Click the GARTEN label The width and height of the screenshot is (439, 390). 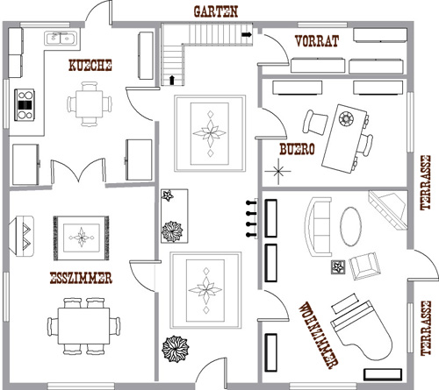(x=216, y=11)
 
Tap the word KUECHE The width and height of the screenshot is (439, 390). (x=90, y=65)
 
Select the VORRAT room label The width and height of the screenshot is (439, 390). (x=317, y=41)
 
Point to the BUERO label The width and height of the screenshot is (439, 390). (x=297, y=149)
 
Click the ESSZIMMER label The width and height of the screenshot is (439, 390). (x=81, y=278)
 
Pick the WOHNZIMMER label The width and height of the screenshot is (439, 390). (x=319, y=336)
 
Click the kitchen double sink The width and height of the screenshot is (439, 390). (x=61, y=38)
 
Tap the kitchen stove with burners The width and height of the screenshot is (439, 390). (x=25, y=105)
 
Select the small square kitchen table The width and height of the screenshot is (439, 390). (x=90, y=104)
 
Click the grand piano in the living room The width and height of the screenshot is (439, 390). (x=362, y=330)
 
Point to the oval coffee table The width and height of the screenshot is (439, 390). (x=350, y=226)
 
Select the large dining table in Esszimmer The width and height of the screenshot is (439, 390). (x=83, y=326)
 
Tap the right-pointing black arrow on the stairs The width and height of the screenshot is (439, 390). (x=247, y=35)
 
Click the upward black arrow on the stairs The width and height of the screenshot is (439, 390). (x=172, y=80)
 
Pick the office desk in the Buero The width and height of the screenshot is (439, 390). (x=344, y=138)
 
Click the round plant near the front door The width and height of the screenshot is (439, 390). (x=176, y=349)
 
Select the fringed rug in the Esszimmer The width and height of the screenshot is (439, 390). (x=81, y=238)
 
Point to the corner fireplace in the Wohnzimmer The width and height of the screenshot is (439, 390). (x=389, y=209)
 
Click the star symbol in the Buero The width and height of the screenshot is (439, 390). (x=278, y=172)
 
